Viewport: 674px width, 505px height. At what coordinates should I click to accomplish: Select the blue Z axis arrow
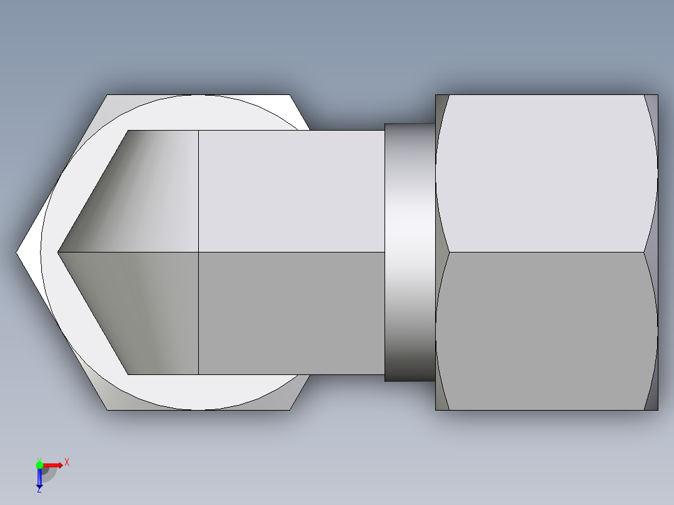click(x=39, y=478)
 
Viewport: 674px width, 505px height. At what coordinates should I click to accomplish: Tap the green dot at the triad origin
click(x=39, y=464)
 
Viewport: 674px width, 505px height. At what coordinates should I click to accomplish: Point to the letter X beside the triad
click(x=67, y=462)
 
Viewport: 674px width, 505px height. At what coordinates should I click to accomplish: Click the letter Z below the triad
click(x=39, y=490)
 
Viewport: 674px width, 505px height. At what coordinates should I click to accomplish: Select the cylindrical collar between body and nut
click(x=410, y=252)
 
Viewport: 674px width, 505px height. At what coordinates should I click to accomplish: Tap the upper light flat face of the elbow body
click(x=291, y=191)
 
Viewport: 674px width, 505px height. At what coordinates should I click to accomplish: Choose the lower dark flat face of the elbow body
click(x=291, y=312)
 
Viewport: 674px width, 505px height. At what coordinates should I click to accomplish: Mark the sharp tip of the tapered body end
click(x=58, y=252)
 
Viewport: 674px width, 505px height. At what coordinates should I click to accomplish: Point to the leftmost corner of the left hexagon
click(x=18, y=252)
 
